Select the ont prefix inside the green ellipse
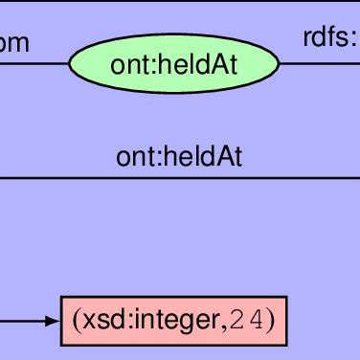click(x=126, y=65)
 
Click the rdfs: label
click(x=331, y=39)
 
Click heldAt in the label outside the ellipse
click(x=208, y=156)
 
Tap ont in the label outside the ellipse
click(x=132, y=156)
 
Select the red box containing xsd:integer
click(x=173, y=322)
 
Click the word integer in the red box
click(x=170, y=322)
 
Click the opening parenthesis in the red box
click(x=72, y=322)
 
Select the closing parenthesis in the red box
click(x=271, y=322)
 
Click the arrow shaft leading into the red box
click(x=23, y=322)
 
